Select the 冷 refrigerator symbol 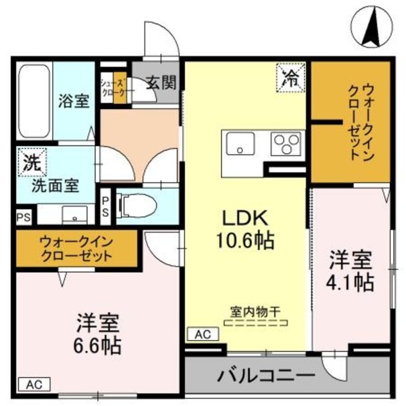pos(291,79)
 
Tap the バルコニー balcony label pos(267,375)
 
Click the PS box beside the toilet pos(105,206)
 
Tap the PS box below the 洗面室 pos(24,217)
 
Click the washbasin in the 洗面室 pos(74,215)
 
